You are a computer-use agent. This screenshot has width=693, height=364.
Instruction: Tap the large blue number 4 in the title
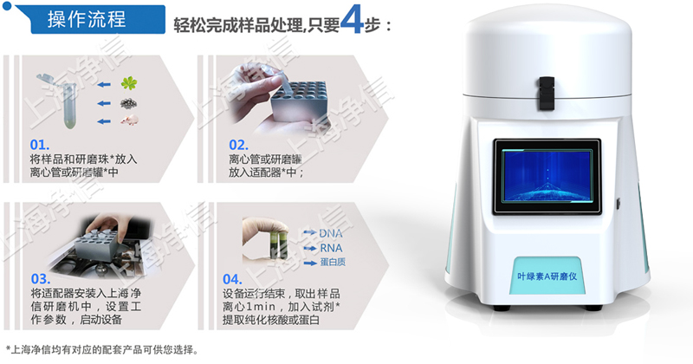pyautogui.click(x=352, y=22)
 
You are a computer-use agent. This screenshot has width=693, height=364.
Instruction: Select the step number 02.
pyautogui.click(x=239, y=145)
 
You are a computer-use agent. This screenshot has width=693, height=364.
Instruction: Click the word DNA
pyautogui.click(x=331, y=233)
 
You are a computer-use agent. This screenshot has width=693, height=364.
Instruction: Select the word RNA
pyautogui.click(x=331, y=247)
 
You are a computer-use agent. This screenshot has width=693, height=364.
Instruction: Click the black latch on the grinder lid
pyautogui.click(x=546, y=88)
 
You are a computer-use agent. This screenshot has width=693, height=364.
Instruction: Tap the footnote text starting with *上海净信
pyautogui.click(x=101, y=351)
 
